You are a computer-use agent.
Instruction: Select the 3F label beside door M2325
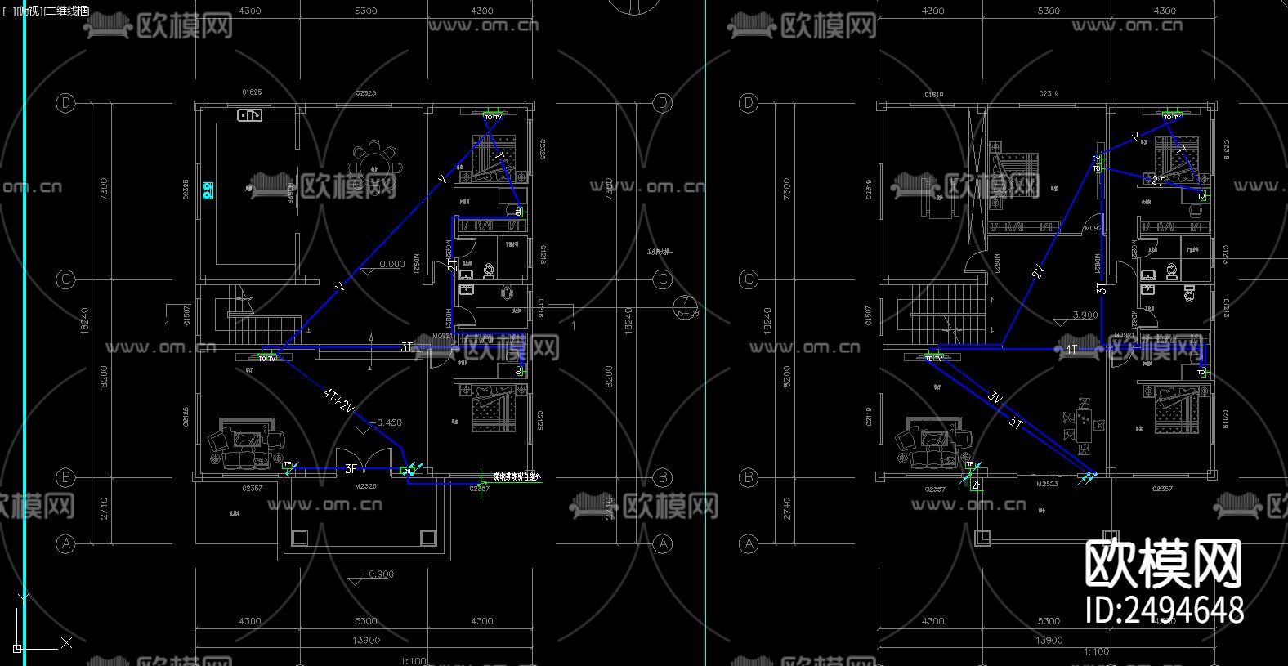(351, 469)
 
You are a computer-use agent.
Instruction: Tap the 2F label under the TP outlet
(976, 485)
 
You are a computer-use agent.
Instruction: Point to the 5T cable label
(1016, 422)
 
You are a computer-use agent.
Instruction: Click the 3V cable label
(995, 399)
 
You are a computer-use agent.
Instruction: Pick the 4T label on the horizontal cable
(1071, 350)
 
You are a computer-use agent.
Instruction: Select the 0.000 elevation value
(392, 264)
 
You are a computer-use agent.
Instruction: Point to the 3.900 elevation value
(1085, 315)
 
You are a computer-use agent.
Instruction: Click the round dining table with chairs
(374, 159)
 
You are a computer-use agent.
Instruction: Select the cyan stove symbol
(208, 191)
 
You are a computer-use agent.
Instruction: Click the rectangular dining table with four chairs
(1084, 426)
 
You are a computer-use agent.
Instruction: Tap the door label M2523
(1047, 484)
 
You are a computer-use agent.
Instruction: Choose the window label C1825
(252, 92)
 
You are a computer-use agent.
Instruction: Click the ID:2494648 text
(1164, 610)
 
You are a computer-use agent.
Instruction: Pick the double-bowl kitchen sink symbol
(249, 115)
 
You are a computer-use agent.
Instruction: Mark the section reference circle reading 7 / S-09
(685, 307)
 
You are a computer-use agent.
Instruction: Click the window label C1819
(933, 95)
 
